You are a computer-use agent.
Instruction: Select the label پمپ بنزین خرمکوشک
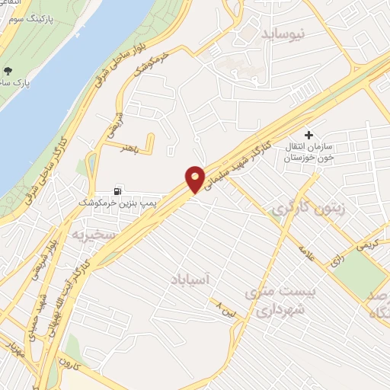coord(112,203)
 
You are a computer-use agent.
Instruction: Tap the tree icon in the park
coord(8,70)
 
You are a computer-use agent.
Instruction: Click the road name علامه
coord(305,251)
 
